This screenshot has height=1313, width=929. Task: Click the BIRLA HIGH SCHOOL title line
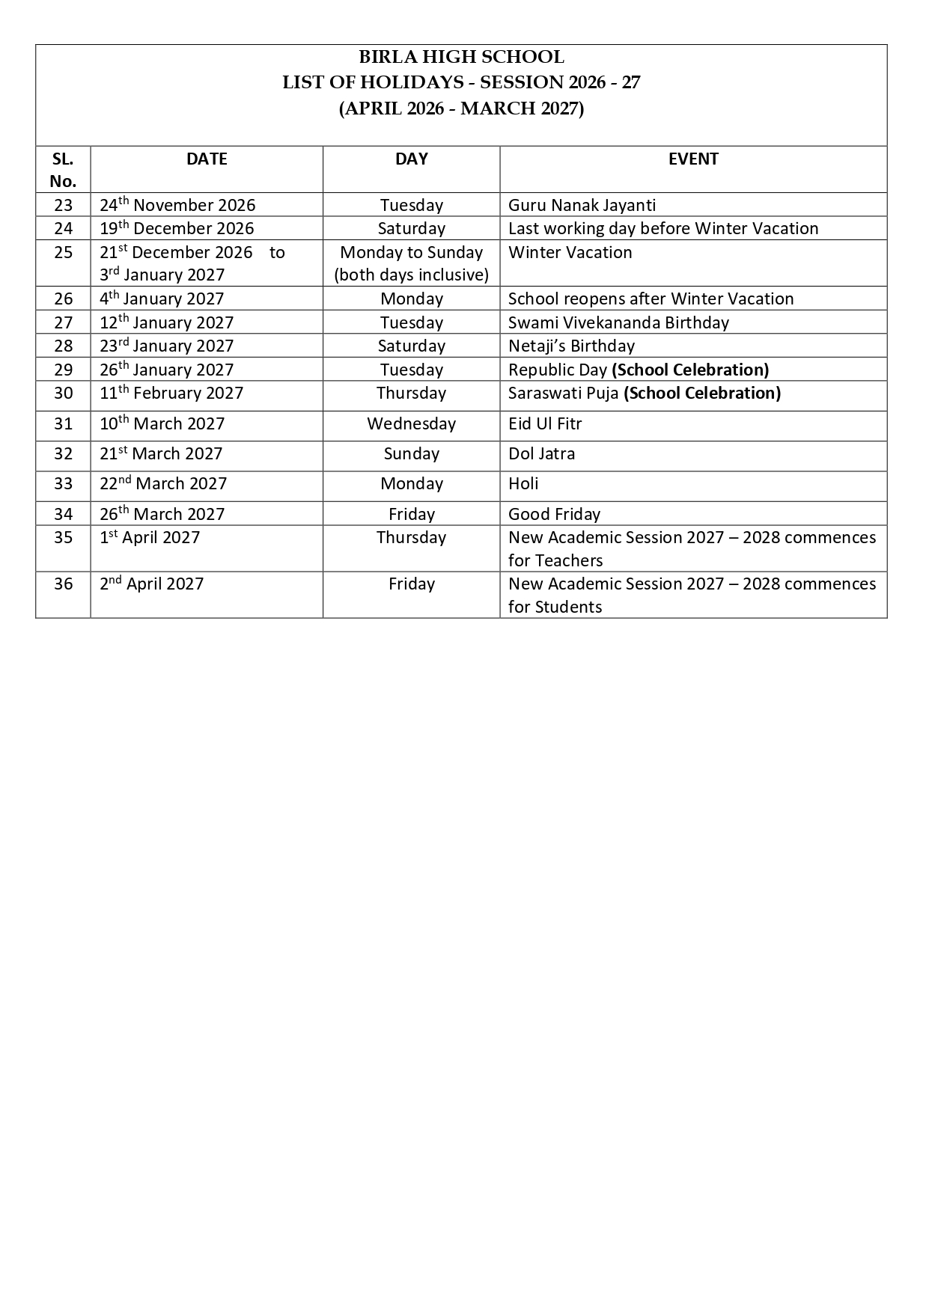(x=461, y=57)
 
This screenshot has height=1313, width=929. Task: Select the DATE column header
(x=207, y=159)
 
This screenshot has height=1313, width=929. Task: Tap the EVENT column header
(x=693, y=159)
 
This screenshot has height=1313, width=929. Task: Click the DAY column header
(x=411, y=159)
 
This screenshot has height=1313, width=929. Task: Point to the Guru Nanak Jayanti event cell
(x=582, y=205)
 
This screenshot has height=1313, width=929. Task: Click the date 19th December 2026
(x=177, y=228)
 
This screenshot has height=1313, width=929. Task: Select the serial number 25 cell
(x=64, y=252)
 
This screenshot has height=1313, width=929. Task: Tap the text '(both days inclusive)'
(x=411, y=275)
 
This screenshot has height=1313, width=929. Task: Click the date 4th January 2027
(x=162, y=299)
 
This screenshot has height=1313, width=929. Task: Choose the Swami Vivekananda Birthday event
(x=618, y=322)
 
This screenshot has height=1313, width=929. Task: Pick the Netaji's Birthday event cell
(x=571, y=346)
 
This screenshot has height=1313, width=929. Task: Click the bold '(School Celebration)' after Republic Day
(x=690, y=370)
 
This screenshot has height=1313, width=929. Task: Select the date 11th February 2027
(x=171, y=393)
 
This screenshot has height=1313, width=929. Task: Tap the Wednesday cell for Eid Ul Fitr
(x=411, y=423)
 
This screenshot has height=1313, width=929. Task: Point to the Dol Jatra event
(x=541, y=453)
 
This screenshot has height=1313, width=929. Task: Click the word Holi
(x=523, y=483)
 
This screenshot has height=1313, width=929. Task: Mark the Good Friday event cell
(x=554, y=514)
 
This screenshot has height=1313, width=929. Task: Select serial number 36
(x=64, y=584)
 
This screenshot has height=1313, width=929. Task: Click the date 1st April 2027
(x=150, y=537)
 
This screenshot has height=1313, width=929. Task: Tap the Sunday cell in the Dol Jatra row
(x=411, y=453)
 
